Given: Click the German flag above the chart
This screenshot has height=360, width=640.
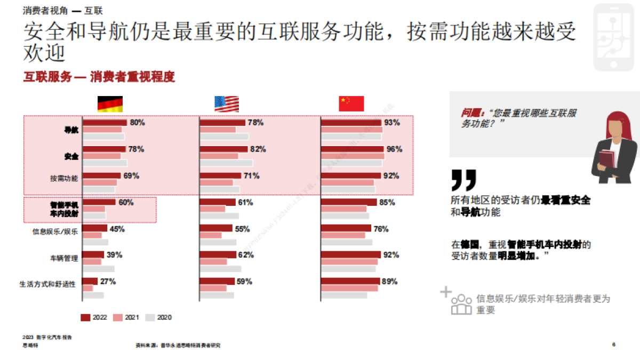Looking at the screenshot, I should click(110, 104).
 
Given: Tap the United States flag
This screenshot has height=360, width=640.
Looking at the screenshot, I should click(227, 104).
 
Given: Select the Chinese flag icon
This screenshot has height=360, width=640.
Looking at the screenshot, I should click(351, 103).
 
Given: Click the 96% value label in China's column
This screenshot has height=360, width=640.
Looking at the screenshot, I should click(394, 149).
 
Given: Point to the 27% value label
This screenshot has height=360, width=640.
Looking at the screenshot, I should click(108, 281).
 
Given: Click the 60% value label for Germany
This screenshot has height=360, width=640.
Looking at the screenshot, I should click(126, 202).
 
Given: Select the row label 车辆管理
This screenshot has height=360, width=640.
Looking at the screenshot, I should click(64, 258).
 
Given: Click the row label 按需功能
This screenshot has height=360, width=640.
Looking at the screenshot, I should click(64, 179).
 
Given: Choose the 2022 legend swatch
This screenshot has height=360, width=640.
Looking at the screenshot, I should click(85, 317).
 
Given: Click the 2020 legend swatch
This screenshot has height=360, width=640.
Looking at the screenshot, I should click(150, 317).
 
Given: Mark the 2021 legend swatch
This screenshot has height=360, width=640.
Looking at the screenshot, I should click(117, 317).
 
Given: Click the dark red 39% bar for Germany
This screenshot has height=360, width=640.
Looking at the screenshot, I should click(93, 254).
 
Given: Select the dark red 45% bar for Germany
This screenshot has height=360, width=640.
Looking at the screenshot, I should click(94, 228).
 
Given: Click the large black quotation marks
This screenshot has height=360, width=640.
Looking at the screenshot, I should click(463, 180).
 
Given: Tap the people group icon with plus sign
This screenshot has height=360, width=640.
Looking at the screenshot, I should click(457, 302).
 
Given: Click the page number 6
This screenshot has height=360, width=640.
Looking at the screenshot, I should click(614, 345).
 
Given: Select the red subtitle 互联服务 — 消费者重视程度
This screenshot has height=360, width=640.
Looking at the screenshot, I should click(99, 77).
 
